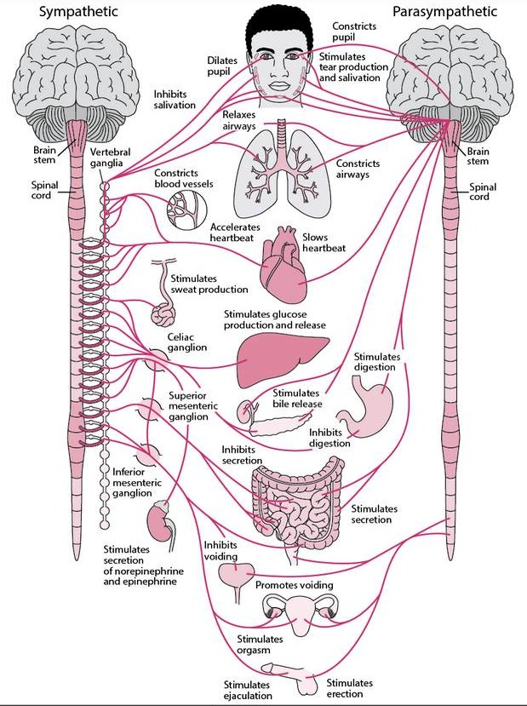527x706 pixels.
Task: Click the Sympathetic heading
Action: pos(78,11)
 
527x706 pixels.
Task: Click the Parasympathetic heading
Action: pos(444,11)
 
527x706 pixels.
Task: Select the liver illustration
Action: pos(282,359)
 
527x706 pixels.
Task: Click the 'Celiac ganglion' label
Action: pos(187,342)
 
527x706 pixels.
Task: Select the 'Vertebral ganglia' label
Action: pos(111,158)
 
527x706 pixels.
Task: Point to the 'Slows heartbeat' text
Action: pos(324,242)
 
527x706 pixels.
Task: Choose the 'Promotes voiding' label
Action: pos(295,585)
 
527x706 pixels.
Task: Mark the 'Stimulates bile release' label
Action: pos(297,399)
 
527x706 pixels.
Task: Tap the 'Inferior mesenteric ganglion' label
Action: pos(137,483)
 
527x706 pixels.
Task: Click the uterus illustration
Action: pos(301,614)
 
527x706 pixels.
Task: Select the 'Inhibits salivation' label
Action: pos(175,100)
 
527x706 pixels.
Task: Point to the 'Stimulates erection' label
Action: pos(350,688)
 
